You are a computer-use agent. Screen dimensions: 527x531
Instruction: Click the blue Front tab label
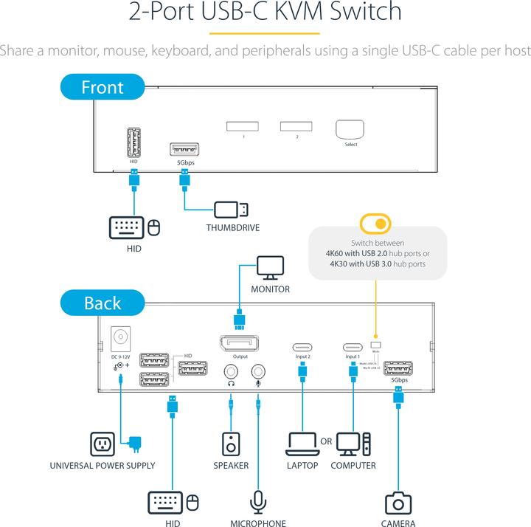102,87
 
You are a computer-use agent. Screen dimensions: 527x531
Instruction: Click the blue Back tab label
102,303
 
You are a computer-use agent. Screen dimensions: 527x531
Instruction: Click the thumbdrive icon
232,209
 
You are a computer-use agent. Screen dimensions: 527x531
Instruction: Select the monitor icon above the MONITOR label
270,268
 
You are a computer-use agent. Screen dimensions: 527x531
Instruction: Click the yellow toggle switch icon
375,223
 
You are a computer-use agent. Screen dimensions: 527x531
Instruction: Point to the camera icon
398,503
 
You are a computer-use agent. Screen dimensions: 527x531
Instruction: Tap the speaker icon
231,444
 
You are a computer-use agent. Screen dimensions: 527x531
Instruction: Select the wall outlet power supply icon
103,444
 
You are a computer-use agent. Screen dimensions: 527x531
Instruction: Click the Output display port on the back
237,345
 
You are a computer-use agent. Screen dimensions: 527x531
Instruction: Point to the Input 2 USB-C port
302,345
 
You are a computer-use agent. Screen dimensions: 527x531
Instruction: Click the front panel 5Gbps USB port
183,148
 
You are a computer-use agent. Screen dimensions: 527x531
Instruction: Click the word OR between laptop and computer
326,441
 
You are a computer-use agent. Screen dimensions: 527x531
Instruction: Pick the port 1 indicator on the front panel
243,125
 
